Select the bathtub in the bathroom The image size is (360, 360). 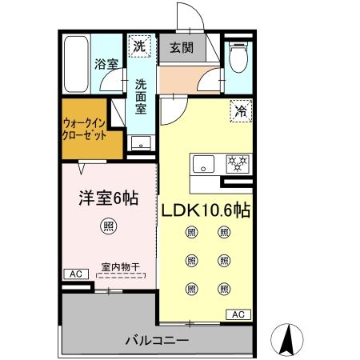click(x=76, y=64)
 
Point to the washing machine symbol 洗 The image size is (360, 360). click(x=140, y=46)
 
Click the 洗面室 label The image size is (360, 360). click(x=141, y=96)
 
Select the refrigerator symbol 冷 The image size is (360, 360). click(x=239, y=113)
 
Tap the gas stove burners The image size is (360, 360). click(x=237, y=163)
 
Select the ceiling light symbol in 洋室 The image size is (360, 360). click(x=106, y=227)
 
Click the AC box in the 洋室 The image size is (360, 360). click(x=76, y=274)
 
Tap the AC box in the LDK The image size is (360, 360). click(x=238, y=314)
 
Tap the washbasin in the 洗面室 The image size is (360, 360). click(x=142, y=145)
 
